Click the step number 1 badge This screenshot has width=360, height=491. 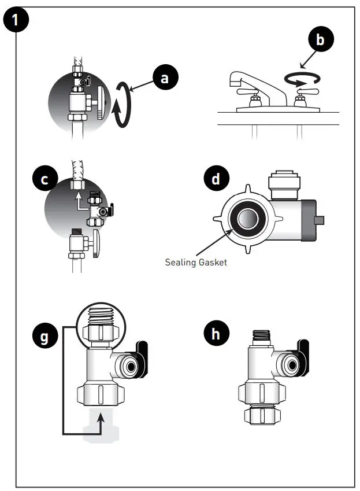click(16, 21)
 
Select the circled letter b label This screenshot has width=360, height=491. click(321, 40)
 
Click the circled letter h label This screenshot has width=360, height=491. click(216, 334)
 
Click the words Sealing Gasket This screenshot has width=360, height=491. click(196, 262)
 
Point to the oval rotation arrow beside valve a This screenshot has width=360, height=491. click(122, 104)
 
